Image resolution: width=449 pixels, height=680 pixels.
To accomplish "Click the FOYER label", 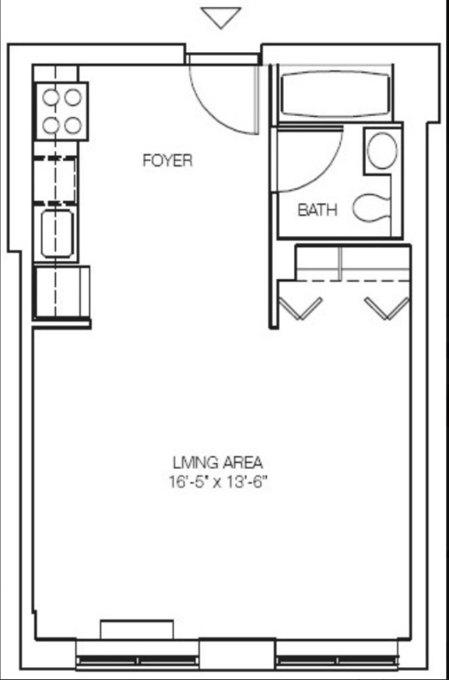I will coord(167,161).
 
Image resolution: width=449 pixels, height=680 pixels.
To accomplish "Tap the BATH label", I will coord(317,210).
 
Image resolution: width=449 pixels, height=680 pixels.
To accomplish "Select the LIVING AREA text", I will coord(218,462).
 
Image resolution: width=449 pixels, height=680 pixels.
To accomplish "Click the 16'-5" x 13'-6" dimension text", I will coord(218,482).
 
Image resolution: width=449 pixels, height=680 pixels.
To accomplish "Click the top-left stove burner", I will coord(51,96).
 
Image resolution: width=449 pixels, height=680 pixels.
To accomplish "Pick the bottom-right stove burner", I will coord(73,125).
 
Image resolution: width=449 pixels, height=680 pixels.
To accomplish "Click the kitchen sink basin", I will coord(57,234).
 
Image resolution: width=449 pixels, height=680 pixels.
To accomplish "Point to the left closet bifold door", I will coord(301,307).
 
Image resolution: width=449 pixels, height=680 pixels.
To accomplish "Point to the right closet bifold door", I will coord(387,307).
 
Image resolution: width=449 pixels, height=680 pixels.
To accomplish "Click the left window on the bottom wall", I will coord(137,659).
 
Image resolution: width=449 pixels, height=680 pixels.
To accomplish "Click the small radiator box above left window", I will coord(137,629).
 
